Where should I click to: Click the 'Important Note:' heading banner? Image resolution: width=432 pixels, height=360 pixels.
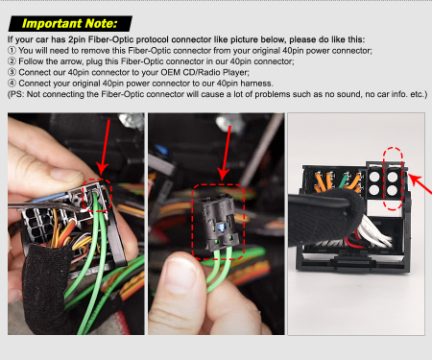(x=70, y=24)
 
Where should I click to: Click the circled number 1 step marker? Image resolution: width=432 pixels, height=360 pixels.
(x=12, y=51)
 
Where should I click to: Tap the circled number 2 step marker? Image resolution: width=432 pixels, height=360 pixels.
(x=12, y=61)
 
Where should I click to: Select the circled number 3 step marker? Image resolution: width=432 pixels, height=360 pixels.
(x=12, y=72)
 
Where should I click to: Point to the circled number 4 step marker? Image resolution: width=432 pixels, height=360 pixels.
(x=12, y=84)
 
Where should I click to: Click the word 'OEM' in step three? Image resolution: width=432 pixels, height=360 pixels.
(x=171, y=72)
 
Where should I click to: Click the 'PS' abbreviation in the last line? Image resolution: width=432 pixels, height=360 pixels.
(x=16, y=94)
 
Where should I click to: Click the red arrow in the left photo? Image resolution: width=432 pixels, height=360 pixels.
(x=105, y=147)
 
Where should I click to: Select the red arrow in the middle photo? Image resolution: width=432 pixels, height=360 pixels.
(x=226, y=153)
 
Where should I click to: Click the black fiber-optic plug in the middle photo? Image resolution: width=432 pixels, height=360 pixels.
(x=219, y=224)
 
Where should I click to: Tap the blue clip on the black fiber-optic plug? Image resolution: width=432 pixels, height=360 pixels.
(x=221, y=228)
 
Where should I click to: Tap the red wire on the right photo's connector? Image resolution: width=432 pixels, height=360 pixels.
(x=354, y=242)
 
